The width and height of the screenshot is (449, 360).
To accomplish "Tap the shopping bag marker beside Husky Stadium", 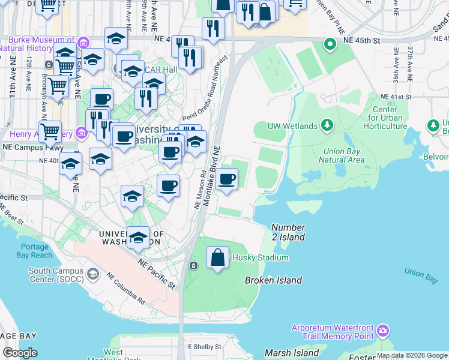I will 218,258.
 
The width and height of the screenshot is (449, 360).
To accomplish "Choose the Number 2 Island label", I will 288,232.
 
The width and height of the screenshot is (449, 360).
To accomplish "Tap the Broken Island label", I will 273,280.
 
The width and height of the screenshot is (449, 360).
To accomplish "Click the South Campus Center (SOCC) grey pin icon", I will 92,274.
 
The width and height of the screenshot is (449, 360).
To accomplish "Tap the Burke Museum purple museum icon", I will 83,43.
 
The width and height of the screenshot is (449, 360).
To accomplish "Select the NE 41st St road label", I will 398,97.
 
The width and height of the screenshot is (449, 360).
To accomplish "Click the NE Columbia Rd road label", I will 126,289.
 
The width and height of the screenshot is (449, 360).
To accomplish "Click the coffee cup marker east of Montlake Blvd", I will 227,180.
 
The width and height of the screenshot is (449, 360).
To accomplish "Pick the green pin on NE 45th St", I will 329,44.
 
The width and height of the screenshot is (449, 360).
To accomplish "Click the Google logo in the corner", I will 20,352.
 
